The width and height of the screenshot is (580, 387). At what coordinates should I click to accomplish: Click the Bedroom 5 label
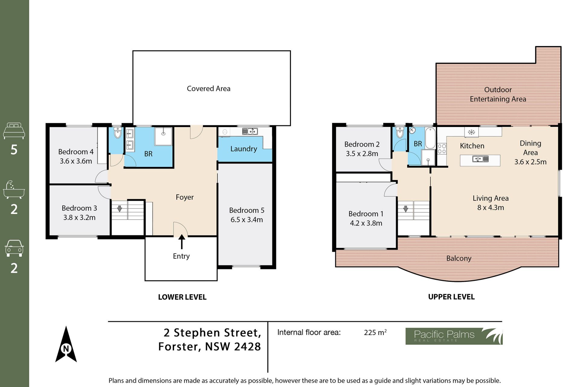point(246,210)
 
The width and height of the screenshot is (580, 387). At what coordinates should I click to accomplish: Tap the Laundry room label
point(243,149)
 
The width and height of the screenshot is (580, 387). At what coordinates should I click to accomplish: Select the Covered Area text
point(208,89)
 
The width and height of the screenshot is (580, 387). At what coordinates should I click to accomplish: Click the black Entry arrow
point(182,242)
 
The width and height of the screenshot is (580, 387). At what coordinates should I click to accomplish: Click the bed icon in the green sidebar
point(14,131)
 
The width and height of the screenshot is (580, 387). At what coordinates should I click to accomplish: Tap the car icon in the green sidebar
point(14,248)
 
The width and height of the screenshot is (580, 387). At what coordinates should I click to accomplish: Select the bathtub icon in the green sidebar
point(14,190)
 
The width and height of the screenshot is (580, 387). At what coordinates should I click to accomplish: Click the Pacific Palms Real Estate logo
point(454,336)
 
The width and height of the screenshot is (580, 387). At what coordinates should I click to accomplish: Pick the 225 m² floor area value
point(375,332)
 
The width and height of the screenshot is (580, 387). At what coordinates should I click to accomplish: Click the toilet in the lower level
point(118,132)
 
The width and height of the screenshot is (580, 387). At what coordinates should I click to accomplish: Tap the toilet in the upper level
point(400,132)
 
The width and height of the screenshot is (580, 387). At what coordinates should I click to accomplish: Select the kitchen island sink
point(480,159)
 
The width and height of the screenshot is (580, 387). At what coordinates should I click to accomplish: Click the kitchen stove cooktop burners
point(442,149)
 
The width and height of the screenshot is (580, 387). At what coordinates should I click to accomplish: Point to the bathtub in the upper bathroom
point(430,138)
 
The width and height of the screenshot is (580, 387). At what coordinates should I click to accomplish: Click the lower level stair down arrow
point(120,209)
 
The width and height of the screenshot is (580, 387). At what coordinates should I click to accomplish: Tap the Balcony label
point(459,259)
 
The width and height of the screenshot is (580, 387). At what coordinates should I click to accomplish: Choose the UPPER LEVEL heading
point(451,297)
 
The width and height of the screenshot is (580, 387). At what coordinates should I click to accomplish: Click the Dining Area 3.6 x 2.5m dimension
point(530,162)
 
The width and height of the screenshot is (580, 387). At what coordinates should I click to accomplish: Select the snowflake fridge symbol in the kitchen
point(471,132)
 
